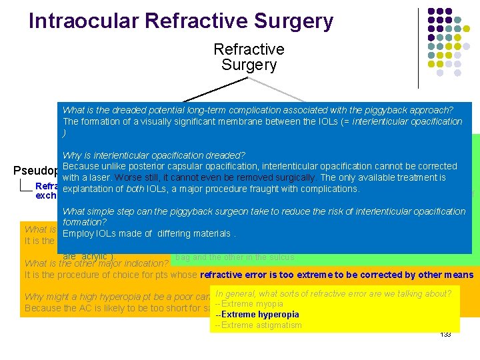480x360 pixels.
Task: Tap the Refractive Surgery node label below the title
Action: (x=249, y=57)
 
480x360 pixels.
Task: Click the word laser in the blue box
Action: (x=98, y=177)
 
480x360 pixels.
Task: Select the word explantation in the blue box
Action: (x=87, y=189)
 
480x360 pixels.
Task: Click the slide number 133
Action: (x=445, y=334)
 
